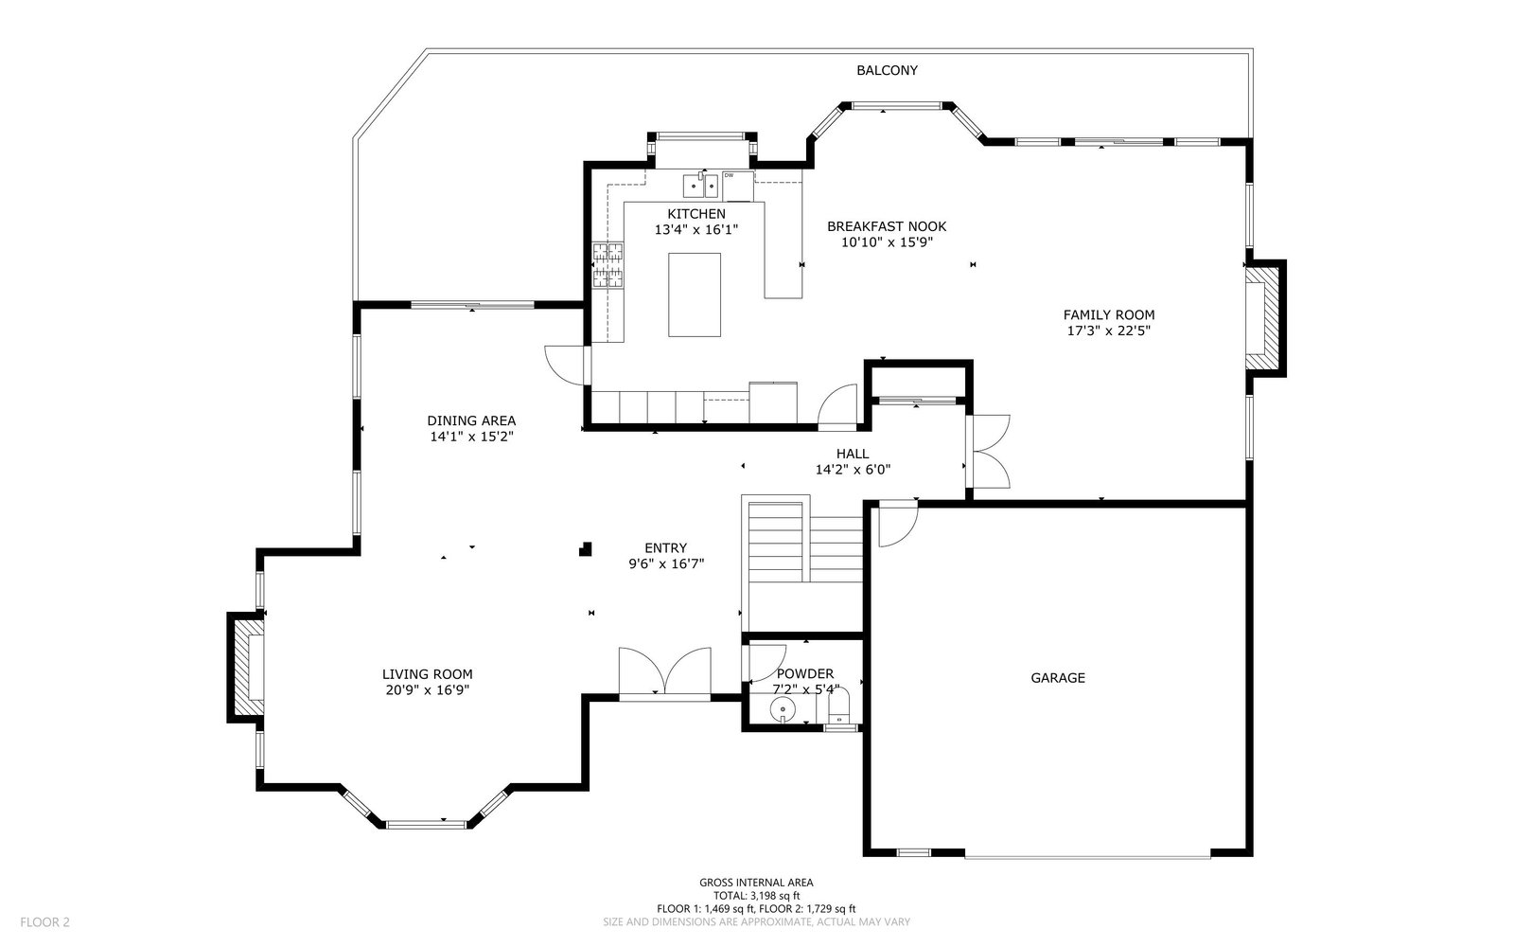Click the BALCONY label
pyautogui.click(x=887, y=70)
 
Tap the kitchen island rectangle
pyautogui.click(x=695, y=295)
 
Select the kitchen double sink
pyautogui.click(x=700, y=186)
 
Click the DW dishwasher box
pyautogui.click(x=737, y=186)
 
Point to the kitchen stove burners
pyautogui.click(x=607, y=265)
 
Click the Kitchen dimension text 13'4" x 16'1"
pyautogui.click(x=696, y=230)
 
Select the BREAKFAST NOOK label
pyautogui.click(x=887, y=226)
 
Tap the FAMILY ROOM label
pyautogui.click(x=1108, y=315)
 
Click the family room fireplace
pyautogui.click(x=1264, y=318)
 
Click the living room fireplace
pyautogui.click(x=246, y=668)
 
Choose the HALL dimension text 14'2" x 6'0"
pyautogui.click(x=853, y=470)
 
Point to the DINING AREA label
pyautogui.click(x=471, y=420)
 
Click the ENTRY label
pyautogui.click(x=666, y=548)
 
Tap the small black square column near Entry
pyautogui.click(x=586, y=548)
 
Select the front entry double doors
pyautogui.click(x=665, y=672)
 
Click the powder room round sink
pyautogui.click(x=783, y=709)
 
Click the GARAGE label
pyautogui.click(x=1058, y=678)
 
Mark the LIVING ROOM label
pyautogui.click(x=427, y=674)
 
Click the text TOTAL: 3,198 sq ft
pyautogui.click(x=756, y=896)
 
